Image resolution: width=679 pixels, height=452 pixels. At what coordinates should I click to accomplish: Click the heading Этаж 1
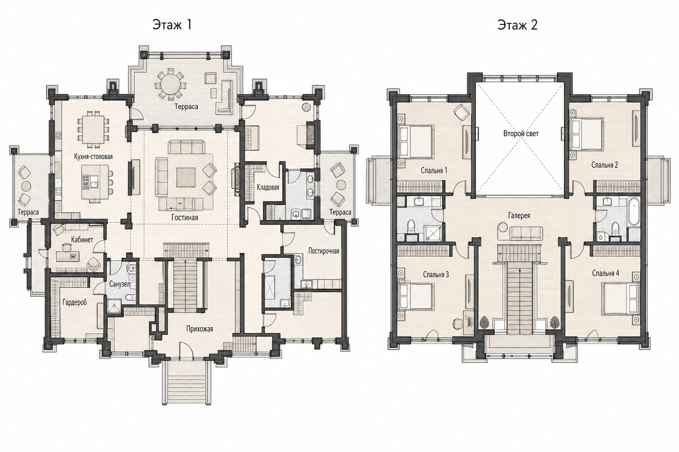point(172,25)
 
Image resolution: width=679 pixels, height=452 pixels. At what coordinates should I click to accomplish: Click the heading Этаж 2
point(517,25)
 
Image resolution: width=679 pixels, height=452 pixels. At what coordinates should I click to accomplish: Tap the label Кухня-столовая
point(93,156)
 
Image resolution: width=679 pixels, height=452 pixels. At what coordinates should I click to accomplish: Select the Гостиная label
point(185,218)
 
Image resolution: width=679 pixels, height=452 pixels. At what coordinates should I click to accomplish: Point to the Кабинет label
point(82,240)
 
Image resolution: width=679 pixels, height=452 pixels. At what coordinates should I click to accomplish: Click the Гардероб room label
point(75,302)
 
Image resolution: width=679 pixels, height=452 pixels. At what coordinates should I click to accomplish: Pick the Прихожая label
point(199,329)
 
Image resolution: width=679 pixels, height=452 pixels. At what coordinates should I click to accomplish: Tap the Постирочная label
point(323,251)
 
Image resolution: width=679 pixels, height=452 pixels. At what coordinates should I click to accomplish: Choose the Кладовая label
point(268,187)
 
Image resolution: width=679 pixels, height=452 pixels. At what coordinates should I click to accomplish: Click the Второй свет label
point(521,134)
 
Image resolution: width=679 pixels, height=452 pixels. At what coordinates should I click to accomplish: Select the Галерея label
point(519,216)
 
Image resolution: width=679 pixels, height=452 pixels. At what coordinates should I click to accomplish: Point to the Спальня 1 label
point(434,171)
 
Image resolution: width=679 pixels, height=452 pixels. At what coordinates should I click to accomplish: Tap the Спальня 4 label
point(605,273)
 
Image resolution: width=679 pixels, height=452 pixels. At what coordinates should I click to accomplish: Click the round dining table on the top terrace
point(170,84)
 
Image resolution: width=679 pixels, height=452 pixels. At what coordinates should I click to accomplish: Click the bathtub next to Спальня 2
point(634,211)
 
